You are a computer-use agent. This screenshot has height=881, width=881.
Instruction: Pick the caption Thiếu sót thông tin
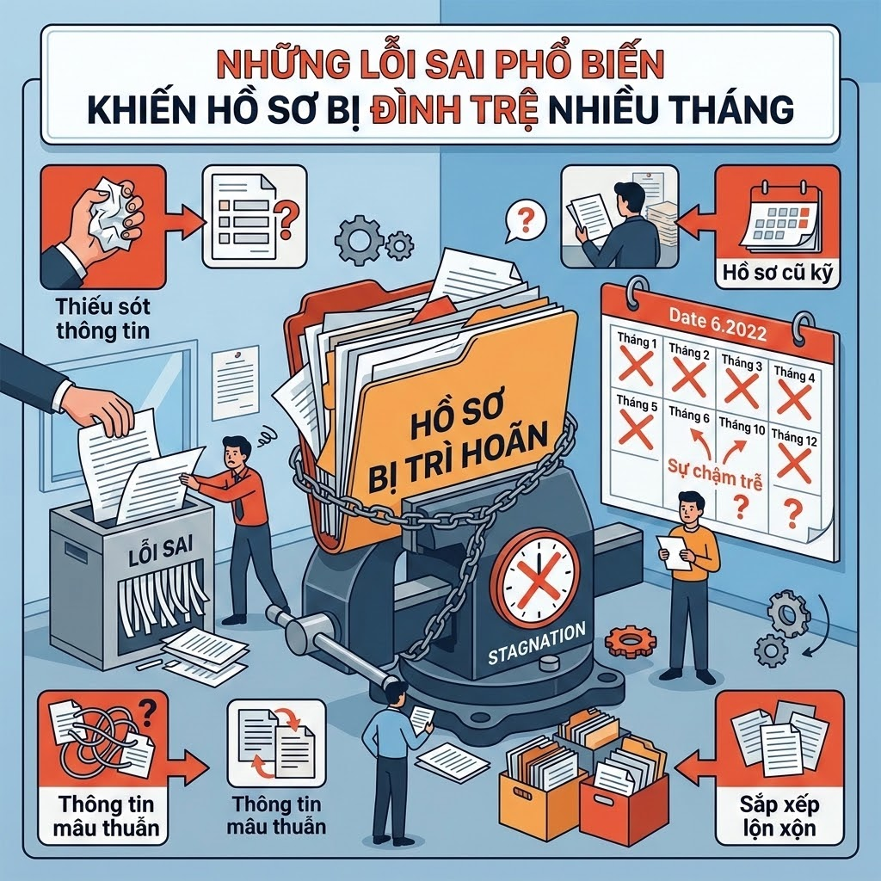point(103,318)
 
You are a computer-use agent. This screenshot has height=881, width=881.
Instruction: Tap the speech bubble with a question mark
point(525,221)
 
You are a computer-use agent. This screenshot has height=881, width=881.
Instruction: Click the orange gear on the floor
point(631,639)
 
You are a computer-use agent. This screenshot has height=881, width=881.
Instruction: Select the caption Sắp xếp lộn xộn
point(779,816)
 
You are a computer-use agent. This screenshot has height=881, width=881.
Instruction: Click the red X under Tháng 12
point(794,465)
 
